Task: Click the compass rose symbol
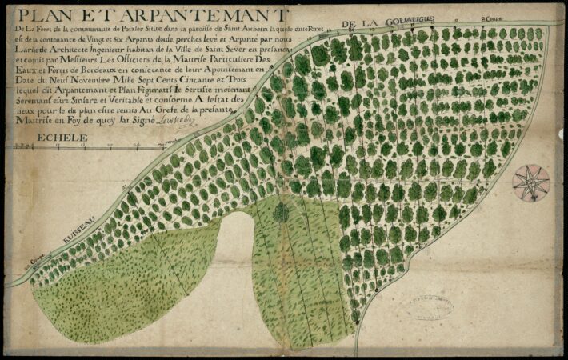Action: (531, 182)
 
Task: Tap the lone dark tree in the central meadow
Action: (281, 213)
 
